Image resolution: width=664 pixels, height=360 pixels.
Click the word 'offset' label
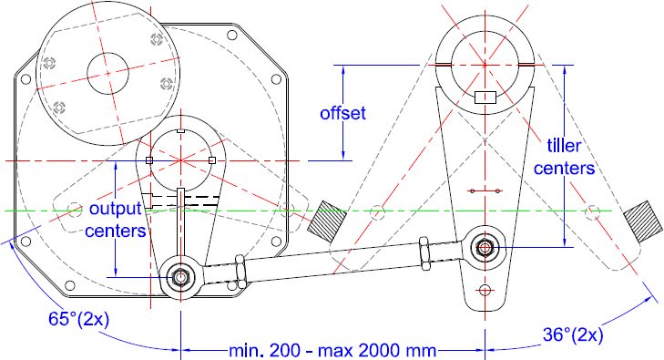click(342, 114)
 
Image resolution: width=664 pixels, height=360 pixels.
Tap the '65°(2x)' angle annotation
click(78, 319)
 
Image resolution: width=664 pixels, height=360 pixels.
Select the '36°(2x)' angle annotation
click(573, 335)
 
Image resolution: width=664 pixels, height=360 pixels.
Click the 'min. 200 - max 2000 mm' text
click(332, 351)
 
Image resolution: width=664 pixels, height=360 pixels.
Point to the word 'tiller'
click(564, 146)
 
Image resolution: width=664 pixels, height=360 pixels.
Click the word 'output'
click(116, 209)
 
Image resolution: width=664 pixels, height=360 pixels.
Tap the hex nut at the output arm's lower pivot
click(180, 277)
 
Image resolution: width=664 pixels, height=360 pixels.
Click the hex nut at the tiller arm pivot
click(485, 247)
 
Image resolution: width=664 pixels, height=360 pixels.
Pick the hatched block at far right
click(643, 221)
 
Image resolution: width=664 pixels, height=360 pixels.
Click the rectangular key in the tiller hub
click(485, 98)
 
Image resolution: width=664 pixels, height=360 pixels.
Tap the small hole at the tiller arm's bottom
click(485, 290)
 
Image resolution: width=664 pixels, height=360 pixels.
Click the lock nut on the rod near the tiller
click(424, 253)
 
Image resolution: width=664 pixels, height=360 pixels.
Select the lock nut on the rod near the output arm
click(240, 272)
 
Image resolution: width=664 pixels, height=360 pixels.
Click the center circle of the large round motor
click(108, 73)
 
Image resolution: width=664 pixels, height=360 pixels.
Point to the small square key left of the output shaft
click(149, 160)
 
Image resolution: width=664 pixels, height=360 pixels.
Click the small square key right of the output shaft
click(212, 160)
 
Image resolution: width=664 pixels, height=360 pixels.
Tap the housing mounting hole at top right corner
click(232, 35)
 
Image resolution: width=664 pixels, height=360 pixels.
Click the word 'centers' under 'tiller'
click(564, 169)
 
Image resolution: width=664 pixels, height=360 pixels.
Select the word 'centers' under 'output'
click(116, 231)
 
